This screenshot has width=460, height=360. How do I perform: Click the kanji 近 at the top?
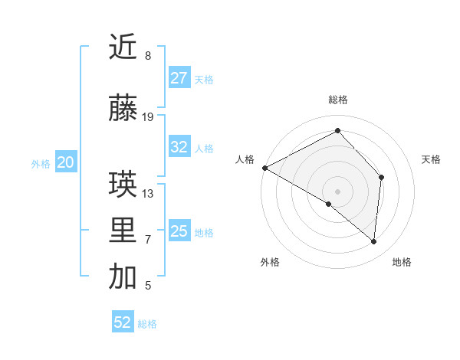coord(123,47)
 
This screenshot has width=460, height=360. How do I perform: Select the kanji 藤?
coord(123,109)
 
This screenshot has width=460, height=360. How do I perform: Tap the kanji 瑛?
coord(123,185)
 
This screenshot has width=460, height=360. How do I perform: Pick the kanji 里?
coord(123,231)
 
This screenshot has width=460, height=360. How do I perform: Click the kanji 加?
coord(123,277)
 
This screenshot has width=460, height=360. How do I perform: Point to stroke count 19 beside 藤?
coord(148,117)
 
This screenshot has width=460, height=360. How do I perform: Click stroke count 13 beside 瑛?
coord(148,193)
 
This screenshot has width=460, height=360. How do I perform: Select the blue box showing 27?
coord(179,77)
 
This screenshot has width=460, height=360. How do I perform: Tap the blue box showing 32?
coord(179,147)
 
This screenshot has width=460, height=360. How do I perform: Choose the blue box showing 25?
coord(179,231)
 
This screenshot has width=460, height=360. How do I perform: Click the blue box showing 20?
coord(66,162)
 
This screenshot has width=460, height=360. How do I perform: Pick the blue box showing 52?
coord(123,322)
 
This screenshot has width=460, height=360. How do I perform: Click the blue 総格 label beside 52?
coord(148,324)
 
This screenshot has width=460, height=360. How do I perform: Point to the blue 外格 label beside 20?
coord(41,164)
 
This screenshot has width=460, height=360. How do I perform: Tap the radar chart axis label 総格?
coord(338,100)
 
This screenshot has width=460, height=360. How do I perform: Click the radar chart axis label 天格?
coord(432,159)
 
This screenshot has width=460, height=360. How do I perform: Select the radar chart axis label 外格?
coord(270,262)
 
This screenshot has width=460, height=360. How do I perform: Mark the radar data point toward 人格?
coord(264,168)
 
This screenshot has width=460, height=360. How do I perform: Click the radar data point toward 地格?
coord(374,242)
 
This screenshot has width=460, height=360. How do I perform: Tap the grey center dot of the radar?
coord(338,191)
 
